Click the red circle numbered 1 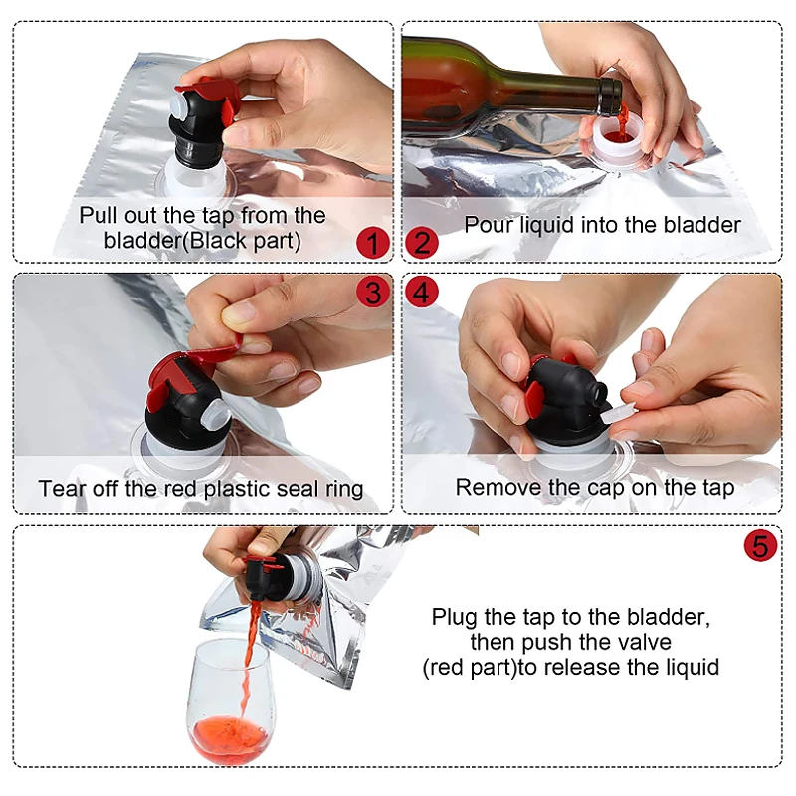pyautogui.click(x=373, y=243)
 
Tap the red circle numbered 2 pyautogui.click(x=421, y=243)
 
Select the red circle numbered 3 pyautogui.click(x=373, y=292)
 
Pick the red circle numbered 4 pyautogui.click(x=421, y=292)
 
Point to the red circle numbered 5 pyautogui.click(x=760, y=545)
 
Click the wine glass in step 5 pyautogui.click(x=228, y=700)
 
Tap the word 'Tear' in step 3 pyautogui.click(x=59, y=488)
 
